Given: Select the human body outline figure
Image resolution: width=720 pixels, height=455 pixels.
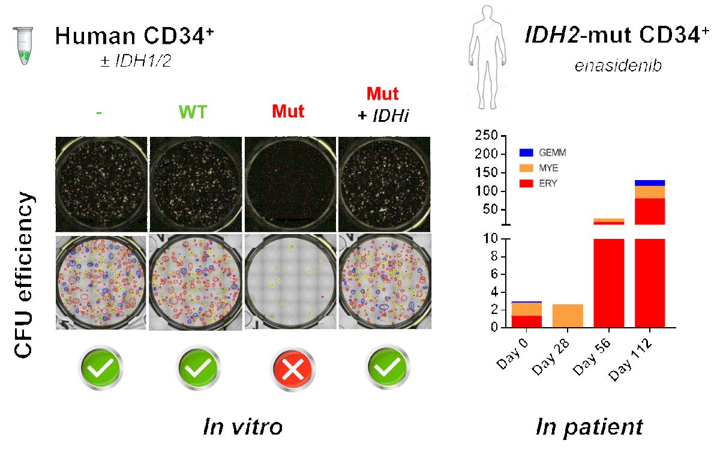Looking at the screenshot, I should tap(486, 63).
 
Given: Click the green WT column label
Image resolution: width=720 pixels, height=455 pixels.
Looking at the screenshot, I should tap(196, 112).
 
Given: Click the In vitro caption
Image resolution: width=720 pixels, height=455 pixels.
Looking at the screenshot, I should tap(243, 427).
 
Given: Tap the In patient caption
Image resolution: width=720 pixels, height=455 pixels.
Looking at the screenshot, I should tap(589, 427).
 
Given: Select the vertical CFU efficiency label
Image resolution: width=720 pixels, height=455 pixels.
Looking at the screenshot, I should tap(23, 276).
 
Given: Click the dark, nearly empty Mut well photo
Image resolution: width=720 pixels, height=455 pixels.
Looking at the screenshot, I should tap(290, 184).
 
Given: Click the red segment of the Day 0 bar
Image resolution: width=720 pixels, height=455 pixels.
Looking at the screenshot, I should tap(526, 321).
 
